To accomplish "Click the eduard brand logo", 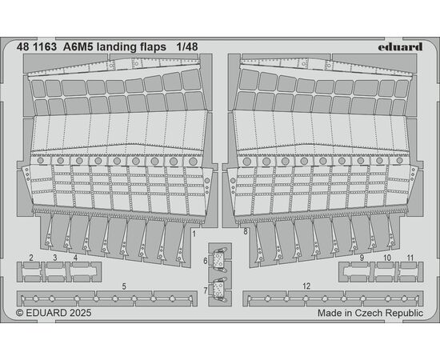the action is [400, 47].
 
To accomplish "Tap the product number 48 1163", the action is [37, 47].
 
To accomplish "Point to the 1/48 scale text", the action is [187, 47].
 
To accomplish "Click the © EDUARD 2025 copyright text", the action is [54, 313].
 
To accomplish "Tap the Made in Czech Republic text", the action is [370, 313].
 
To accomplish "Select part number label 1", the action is [194, 234].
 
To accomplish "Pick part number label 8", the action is [246, 232].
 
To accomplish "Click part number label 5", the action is [124, 286].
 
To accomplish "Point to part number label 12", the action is [306, 286].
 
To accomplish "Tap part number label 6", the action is [206, 261].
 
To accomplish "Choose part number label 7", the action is [206, 290].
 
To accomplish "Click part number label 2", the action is [31, 258].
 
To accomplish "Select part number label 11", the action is [410, 258].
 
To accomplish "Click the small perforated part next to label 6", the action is [218, 258].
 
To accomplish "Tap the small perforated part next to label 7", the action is [218, 290].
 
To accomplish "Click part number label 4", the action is [75, 258].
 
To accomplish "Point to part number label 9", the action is [362, 258].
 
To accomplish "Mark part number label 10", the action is [387, 258].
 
